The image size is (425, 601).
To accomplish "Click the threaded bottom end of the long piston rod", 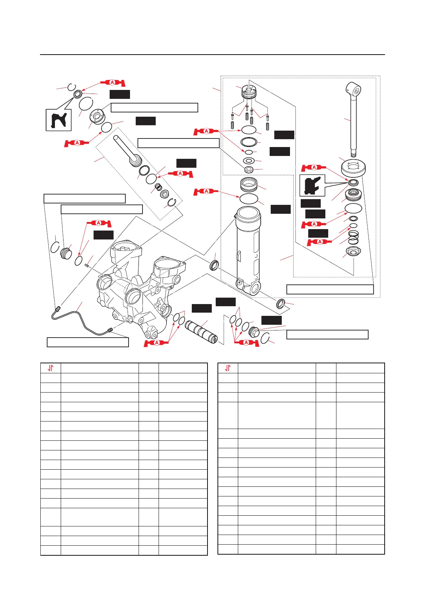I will [x=353, y=154].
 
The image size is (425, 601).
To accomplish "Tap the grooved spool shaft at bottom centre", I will [x=201, y=330].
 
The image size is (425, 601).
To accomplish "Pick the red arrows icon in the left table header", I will [x=51, y=368].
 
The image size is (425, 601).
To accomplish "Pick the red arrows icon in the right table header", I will [x=228, y=368].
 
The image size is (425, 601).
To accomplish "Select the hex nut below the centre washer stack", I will [x=249, y=169].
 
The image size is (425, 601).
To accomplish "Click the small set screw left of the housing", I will [x=86, y=265].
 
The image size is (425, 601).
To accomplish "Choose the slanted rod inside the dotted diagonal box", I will [x=127, y=150].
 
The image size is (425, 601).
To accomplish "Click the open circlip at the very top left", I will [x=72, y=87].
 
